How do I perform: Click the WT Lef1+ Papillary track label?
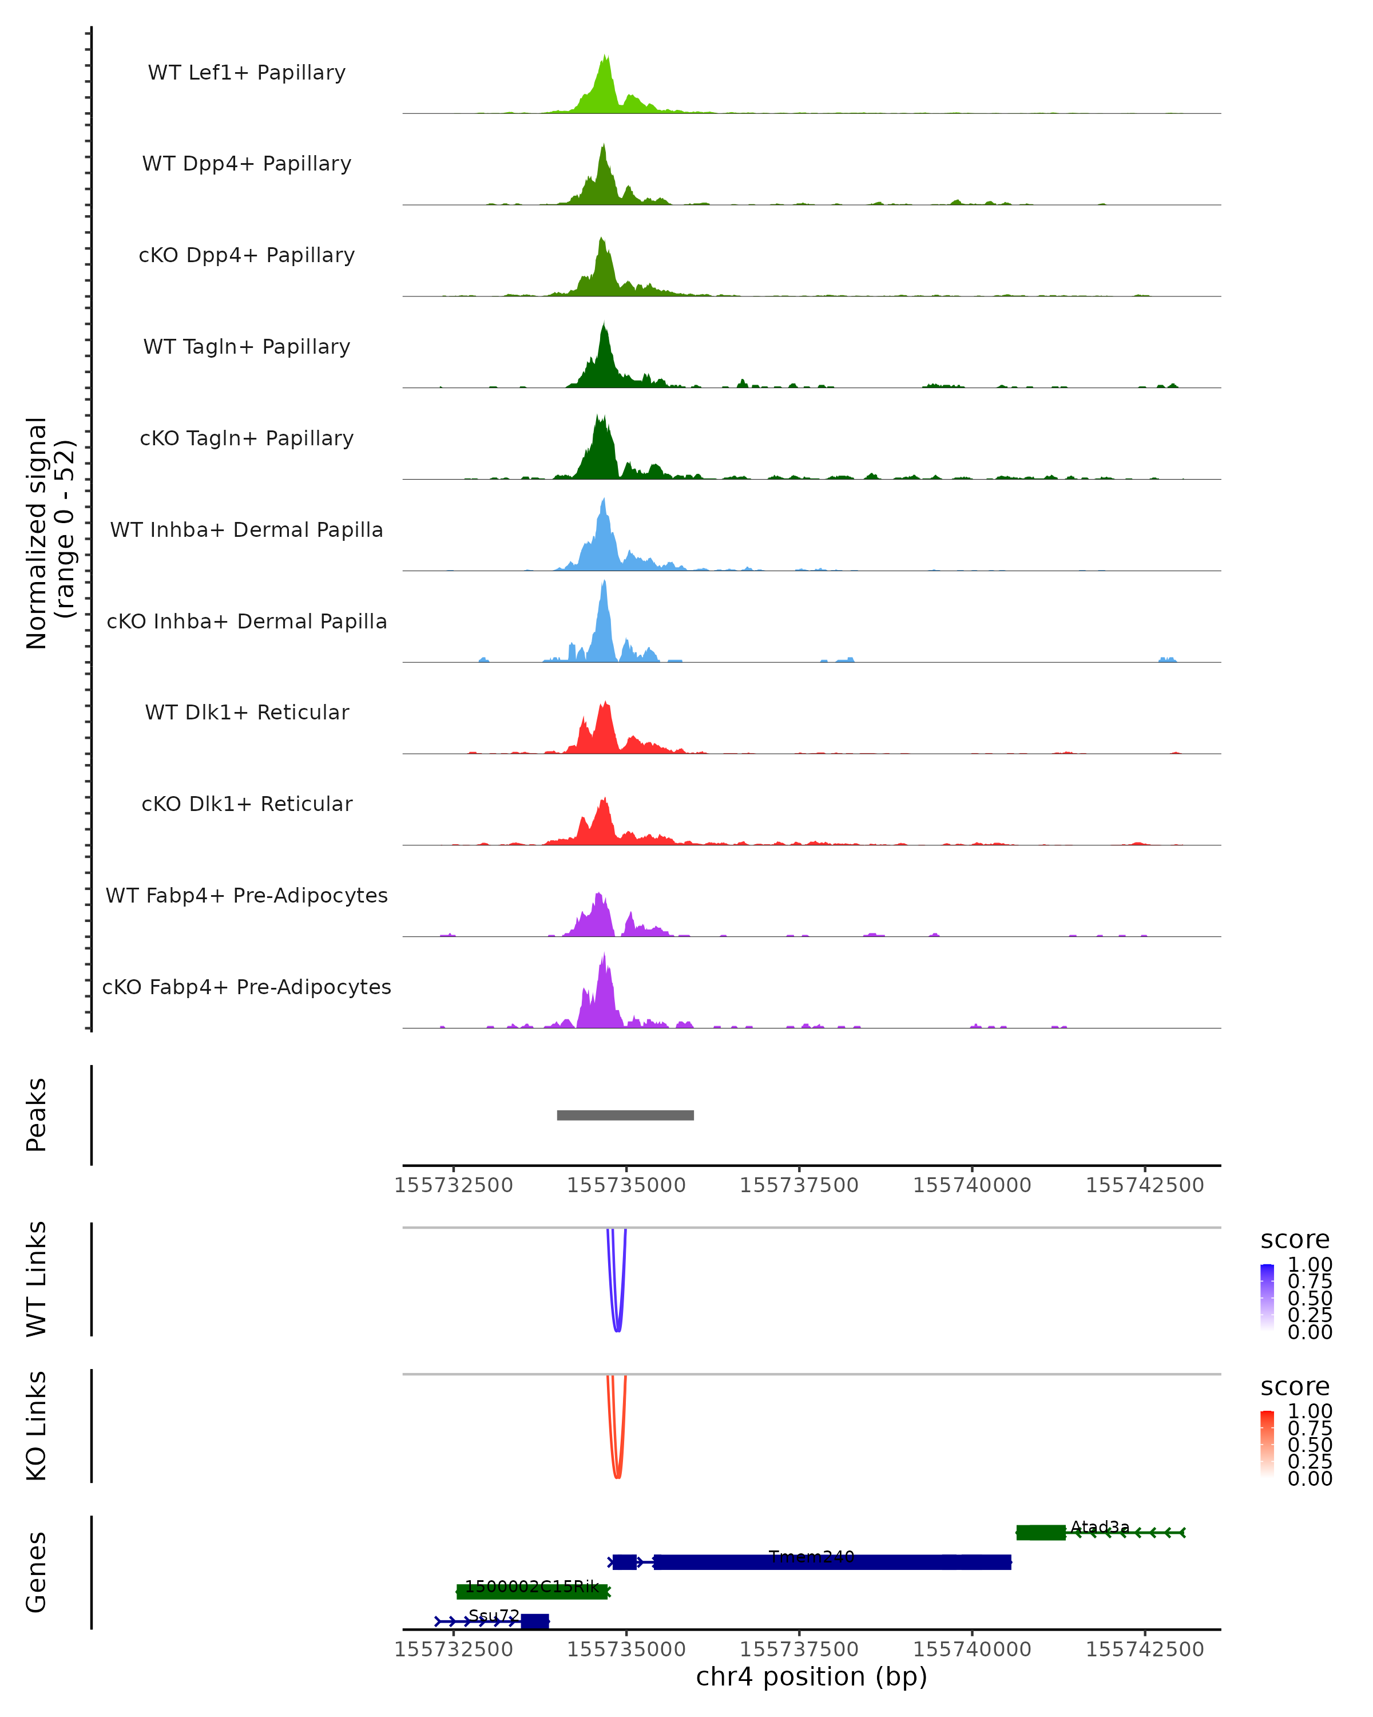point(247,73)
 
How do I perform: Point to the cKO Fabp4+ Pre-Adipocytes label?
point(247,987)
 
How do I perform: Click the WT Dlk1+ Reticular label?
point(247,713)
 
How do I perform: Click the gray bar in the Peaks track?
point(625,1115)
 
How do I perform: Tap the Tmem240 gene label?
point(811,1556)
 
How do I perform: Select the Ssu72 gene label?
point(494,1615)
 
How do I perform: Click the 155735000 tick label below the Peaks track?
point(626,1185)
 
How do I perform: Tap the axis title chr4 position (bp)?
point(811,1676)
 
